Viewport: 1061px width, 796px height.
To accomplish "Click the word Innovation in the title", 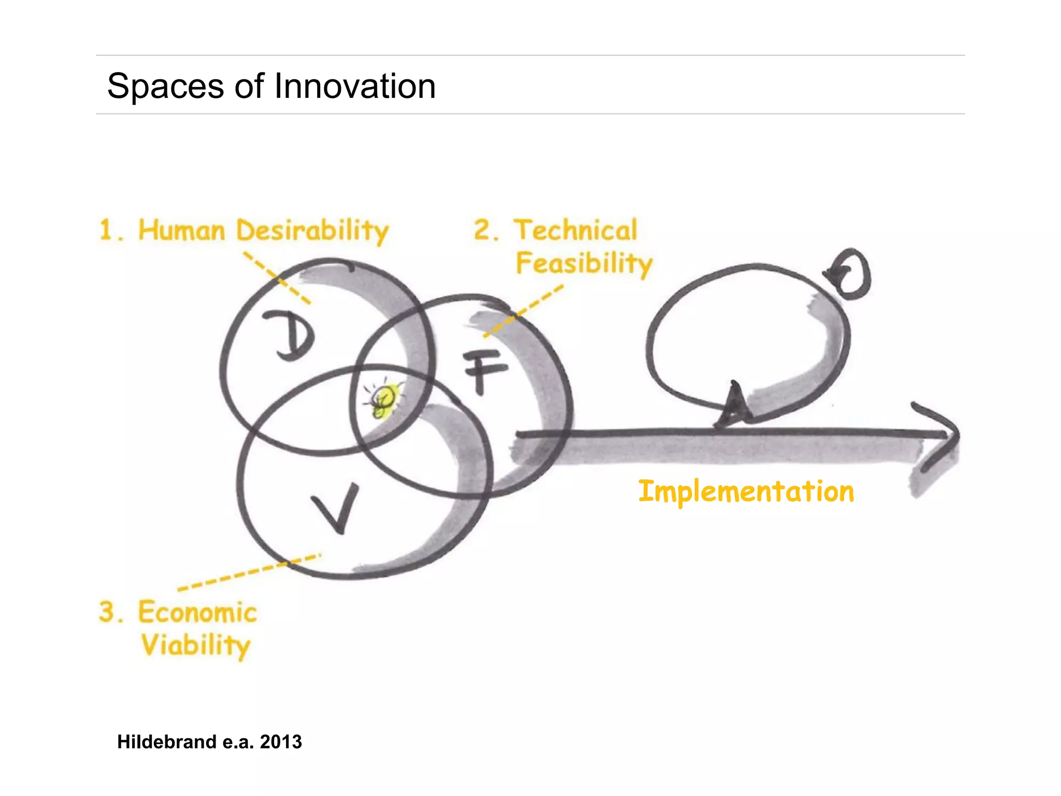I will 354,86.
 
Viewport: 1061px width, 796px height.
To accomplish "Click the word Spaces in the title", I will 165,87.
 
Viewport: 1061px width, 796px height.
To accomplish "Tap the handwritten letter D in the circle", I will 292,335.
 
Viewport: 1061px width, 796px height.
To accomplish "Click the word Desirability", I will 312,231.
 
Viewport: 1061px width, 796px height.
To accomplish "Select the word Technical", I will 575,230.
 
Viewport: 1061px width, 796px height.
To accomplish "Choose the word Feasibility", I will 584,264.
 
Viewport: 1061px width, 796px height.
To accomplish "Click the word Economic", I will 197,613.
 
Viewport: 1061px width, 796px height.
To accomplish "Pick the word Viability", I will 196,646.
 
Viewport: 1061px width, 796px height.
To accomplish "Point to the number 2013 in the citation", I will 281,742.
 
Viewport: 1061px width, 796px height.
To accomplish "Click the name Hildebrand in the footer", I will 166,742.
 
